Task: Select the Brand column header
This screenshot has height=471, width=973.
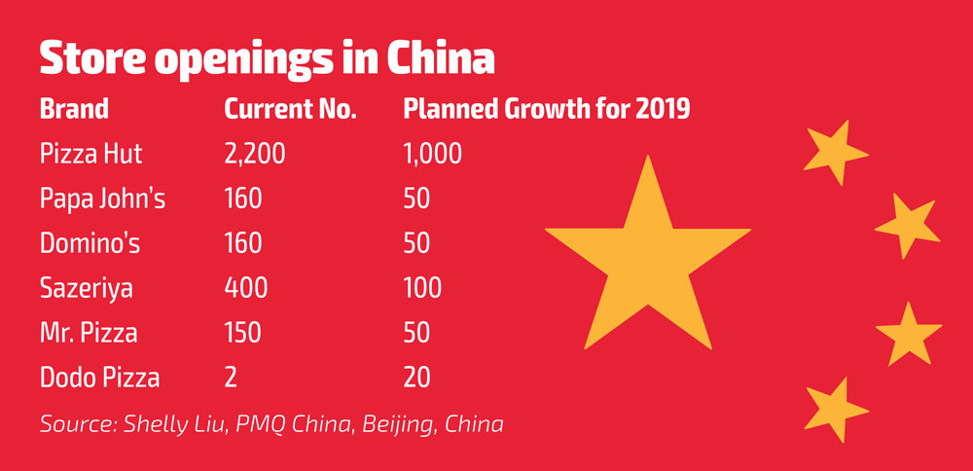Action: [74, 108]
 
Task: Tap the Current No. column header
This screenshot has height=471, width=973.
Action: [290, 108]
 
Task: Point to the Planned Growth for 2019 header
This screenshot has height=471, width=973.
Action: [546, 108]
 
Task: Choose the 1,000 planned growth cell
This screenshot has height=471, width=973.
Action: [432, 153]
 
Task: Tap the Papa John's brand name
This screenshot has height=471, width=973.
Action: [103, 199]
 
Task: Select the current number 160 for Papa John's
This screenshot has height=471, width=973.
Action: [243, 199]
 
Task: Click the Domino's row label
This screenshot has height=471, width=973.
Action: [90, 243]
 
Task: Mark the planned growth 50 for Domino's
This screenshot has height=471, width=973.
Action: [416, 243]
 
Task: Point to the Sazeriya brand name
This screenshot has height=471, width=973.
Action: [87, 288]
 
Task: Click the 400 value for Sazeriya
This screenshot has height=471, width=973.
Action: [246, 288]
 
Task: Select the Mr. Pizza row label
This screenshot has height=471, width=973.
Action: [88, 333]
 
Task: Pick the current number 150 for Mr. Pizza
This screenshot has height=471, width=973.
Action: [243, 333]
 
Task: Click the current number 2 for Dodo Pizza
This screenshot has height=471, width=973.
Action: [231, 378]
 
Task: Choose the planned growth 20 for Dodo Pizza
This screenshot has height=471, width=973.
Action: [416, 378]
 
